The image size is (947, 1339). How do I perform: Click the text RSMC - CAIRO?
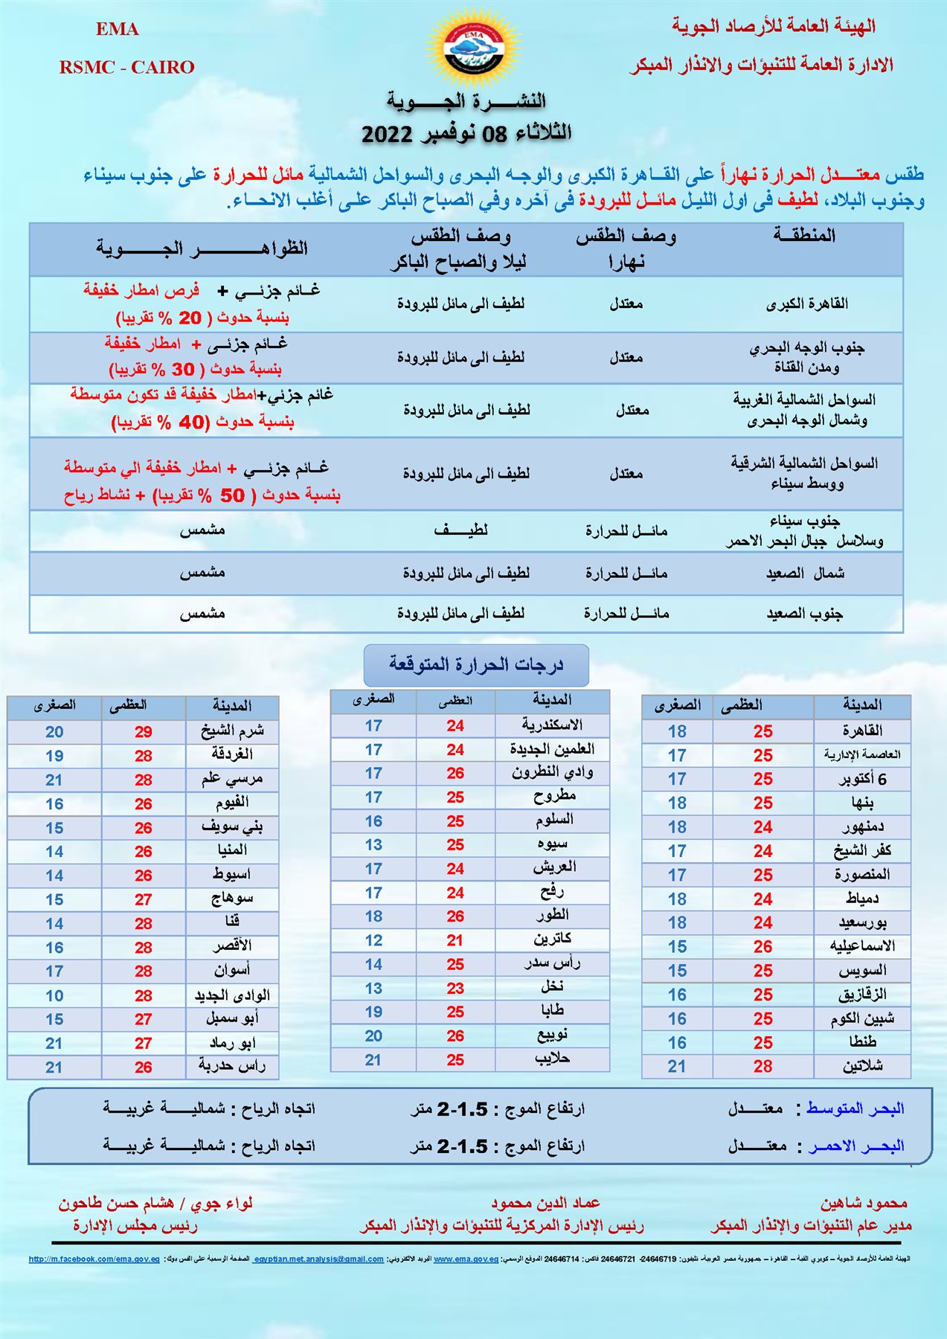[126, 68]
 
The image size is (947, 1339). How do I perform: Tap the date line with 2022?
[466, 134]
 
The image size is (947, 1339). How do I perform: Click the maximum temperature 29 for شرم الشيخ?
[144, 732]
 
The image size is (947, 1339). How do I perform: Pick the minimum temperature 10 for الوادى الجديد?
[54, 995]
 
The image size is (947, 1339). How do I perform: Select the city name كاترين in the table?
[552, 940]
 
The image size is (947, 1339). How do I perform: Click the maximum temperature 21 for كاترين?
[455, 940]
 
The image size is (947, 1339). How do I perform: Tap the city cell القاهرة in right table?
[862, 731]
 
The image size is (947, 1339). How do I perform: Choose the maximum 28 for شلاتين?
[763, 1066]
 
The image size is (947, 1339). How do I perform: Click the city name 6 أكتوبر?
[862, 780]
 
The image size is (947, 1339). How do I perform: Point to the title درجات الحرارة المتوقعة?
[476, 664]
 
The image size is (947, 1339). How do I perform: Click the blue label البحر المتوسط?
[855, 1108]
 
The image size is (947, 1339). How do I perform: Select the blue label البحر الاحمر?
[856, 1146]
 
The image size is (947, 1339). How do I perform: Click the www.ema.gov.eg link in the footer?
[466, 1259]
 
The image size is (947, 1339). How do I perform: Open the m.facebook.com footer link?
[94, 1259]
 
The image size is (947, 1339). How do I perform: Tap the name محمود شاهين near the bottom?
[864, 1203]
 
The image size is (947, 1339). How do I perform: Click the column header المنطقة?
[804, 236]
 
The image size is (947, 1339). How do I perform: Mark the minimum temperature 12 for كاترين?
[373, 940]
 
